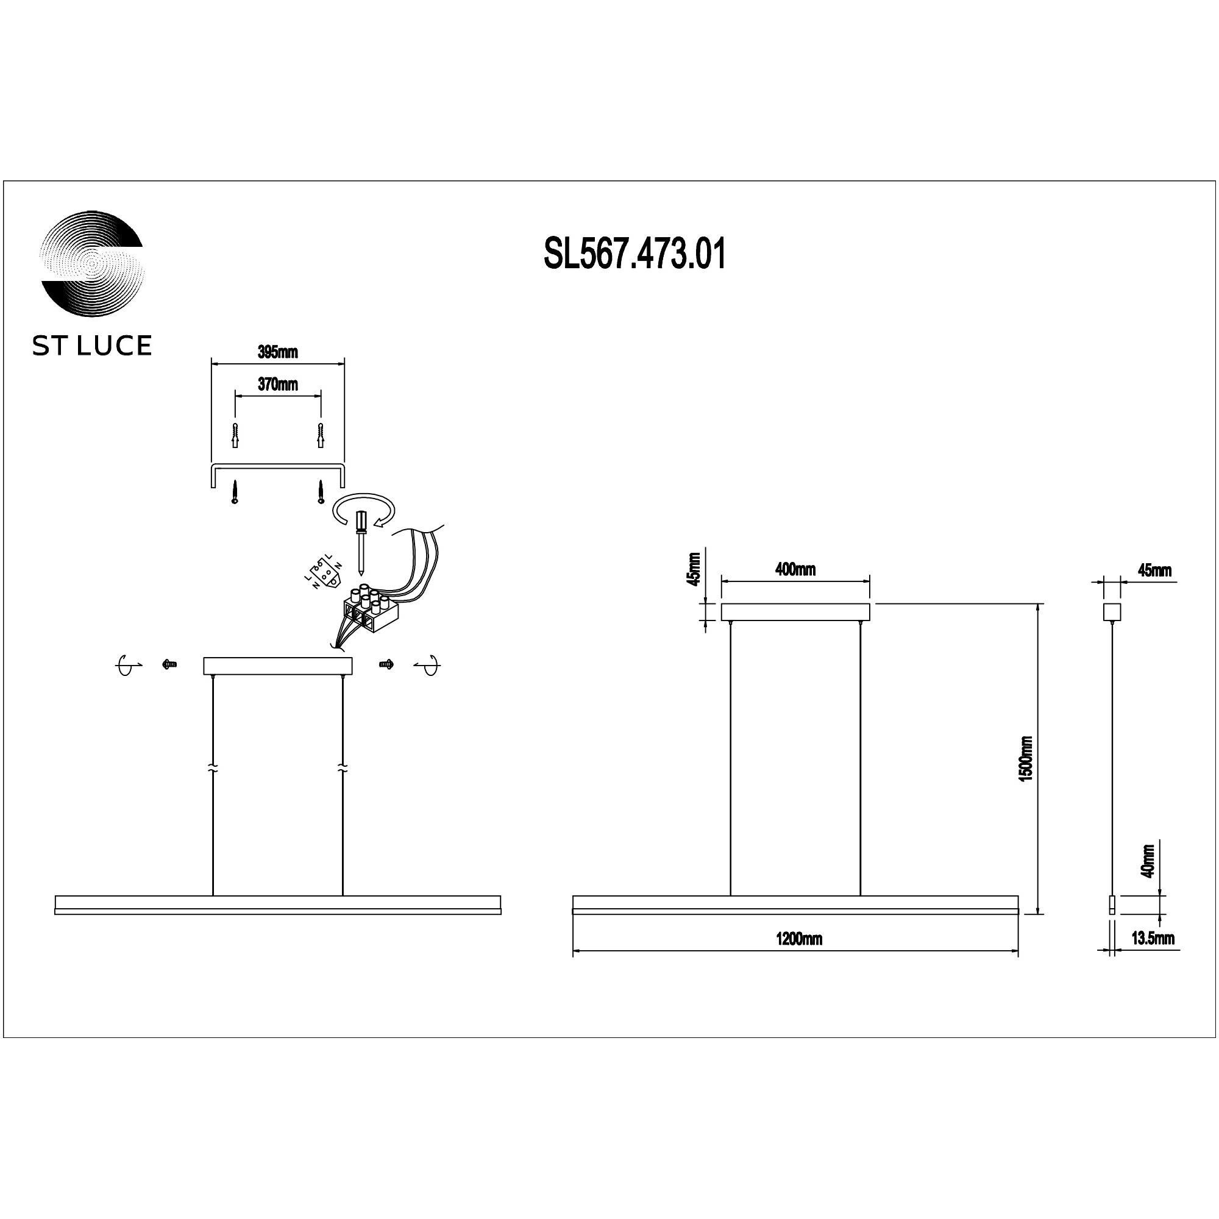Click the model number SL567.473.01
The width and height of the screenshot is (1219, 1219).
(x=634, y=255)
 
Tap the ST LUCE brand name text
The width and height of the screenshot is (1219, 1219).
(x=92, y=346)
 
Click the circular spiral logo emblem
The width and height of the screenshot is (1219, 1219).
(x=92, y=269)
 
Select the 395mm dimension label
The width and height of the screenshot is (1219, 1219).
(x=277, y=352)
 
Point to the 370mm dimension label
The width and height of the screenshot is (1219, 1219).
(x=277, y=384)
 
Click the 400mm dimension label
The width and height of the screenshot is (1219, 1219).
(x=795, y=569)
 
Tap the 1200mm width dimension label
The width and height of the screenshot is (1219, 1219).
(x=799, y=939)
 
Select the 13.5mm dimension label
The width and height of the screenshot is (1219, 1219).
(x=1153, y=938)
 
